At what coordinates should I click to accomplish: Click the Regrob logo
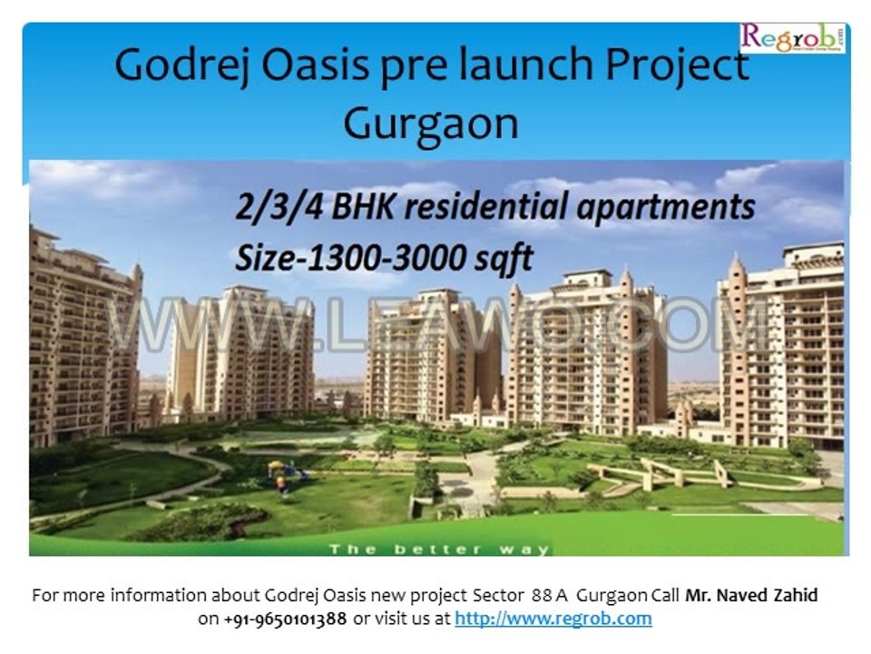click(792, 38)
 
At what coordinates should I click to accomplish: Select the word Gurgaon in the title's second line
click(431, 123)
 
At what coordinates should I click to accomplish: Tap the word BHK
click(357, 207)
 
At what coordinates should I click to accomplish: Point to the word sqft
click(499, 258)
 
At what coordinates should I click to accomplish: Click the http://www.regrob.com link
click(553, 619)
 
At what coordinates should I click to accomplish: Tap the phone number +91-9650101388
click(284, 619)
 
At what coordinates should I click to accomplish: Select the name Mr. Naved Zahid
click(751, 596)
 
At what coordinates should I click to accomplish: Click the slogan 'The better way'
click(439, 549)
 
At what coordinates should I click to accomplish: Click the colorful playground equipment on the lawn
click(286, 472)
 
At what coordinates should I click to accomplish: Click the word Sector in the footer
click(498, 596)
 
